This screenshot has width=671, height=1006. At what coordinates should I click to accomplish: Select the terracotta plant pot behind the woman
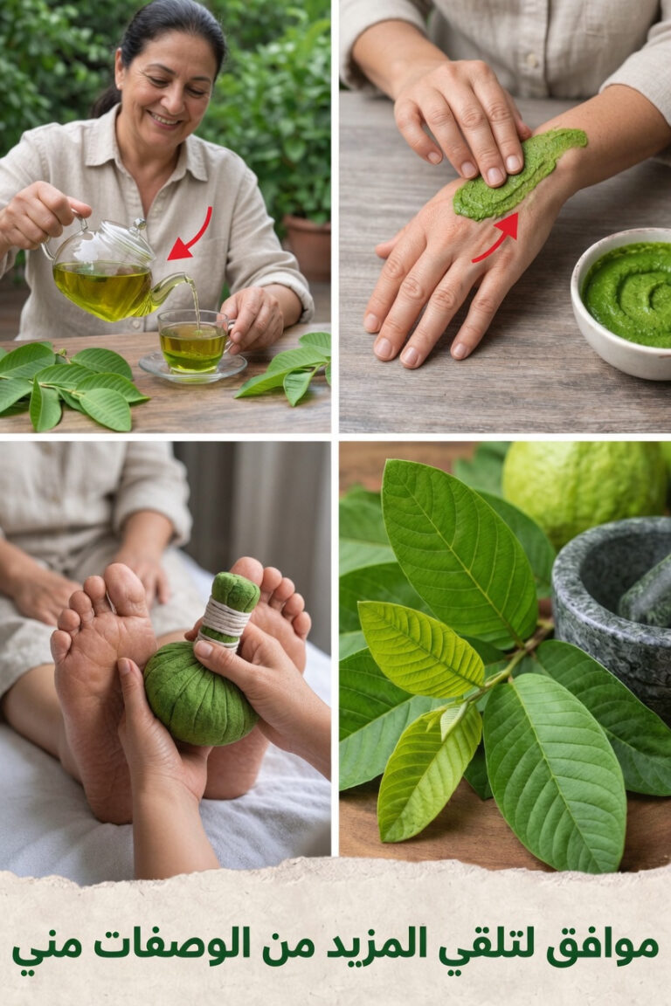[307, 247]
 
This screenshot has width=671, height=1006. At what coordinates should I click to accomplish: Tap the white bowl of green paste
[621, 302]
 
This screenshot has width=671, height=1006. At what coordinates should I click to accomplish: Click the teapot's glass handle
[63, 238]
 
